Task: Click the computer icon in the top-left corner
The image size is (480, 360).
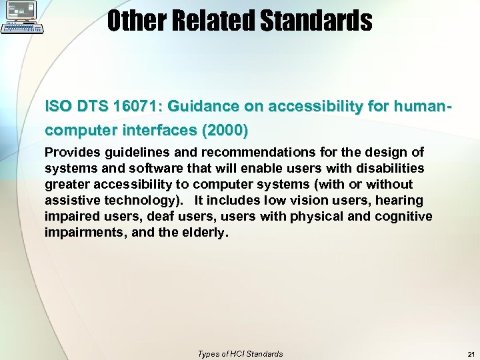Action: point(22,17)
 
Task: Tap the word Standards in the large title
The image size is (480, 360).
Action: point(315,21)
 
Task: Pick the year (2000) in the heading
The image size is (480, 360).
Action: point(225,129)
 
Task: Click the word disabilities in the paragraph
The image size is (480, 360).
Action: point(389,169)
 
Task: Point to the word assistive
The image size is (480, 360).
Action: point(70,201)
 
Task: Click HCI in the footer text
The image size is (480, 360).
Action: point(233,354)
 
